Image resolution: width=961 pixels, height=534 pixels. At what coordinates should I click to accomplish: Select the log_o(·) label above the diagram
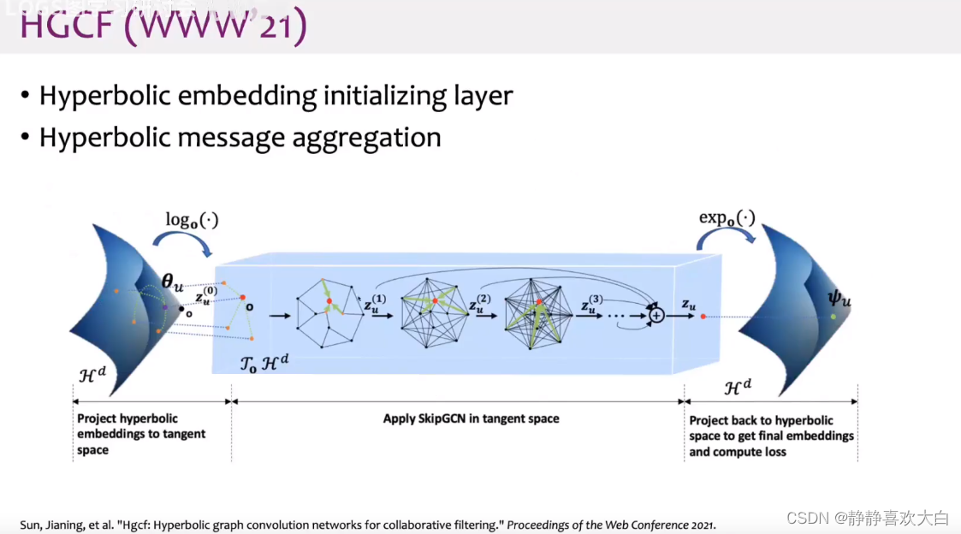point(192,220)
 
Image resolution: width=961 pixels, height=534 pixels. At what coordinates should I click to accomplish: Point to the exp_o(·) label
point(727,217)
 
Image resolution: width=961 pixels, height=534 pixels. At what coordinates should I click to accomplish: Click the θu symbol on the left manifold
point(173,282)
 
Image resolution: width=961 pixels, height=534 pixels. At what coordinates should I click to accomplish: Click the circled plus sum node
point(656,315)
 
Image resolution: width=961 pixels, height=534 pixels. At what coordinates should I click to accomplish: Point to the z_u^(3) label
point(594,303)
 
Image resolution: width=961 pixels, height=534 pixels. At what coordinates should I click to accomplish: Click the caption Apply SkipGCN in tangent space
point(471,419)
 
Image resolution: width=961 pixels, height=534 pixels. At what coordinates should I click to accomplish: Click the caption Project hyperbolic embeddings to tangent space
point(141,434)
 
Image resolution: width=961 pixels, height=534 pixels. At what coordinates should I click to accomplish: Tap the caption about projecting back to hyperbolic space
point(771,436)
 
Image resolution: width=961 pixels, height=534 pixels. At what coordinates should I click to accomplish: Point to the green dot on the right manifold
point(833,317)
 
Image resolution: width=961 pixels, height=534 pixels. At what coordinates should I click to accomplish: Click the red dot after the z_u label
point(703,317)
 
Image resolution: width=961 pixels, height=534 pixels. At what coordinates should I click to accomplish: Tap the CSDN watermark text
point(867,518)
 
